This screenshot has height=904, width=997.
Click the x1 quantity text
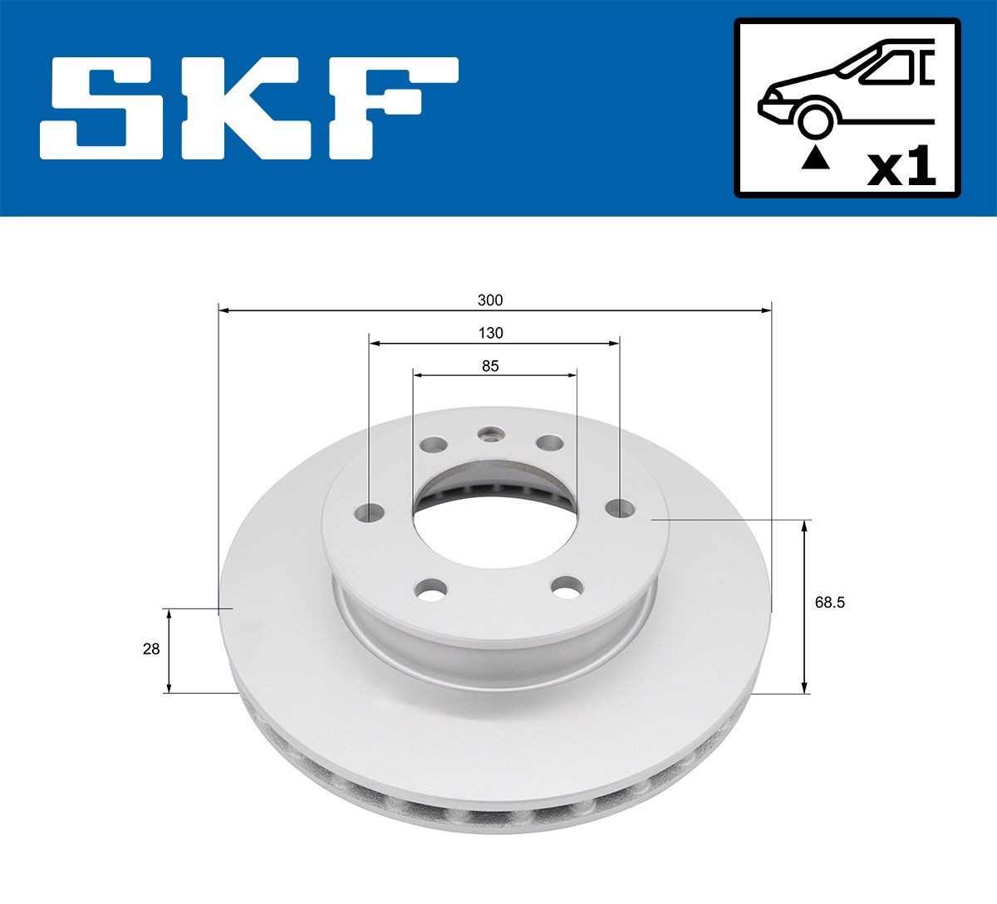[x=901, y=169]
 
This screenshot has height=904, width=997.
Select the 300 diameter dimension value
[x=490, y=300]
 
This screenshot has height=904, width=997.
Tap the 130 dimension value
[x=490, y=333]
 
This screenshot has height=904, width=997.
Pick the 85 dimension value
[x=490, y=365]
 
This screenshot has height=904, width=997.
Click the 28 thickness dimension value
[x=151, y=650]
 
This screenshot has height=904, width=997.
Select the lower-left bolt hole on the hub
[x=429, y=591]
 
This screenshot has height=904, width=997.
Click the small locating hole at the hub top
[x=491, y=433]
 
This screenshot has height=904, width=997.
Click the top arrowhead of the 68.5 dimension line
[x=804, y=526]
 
